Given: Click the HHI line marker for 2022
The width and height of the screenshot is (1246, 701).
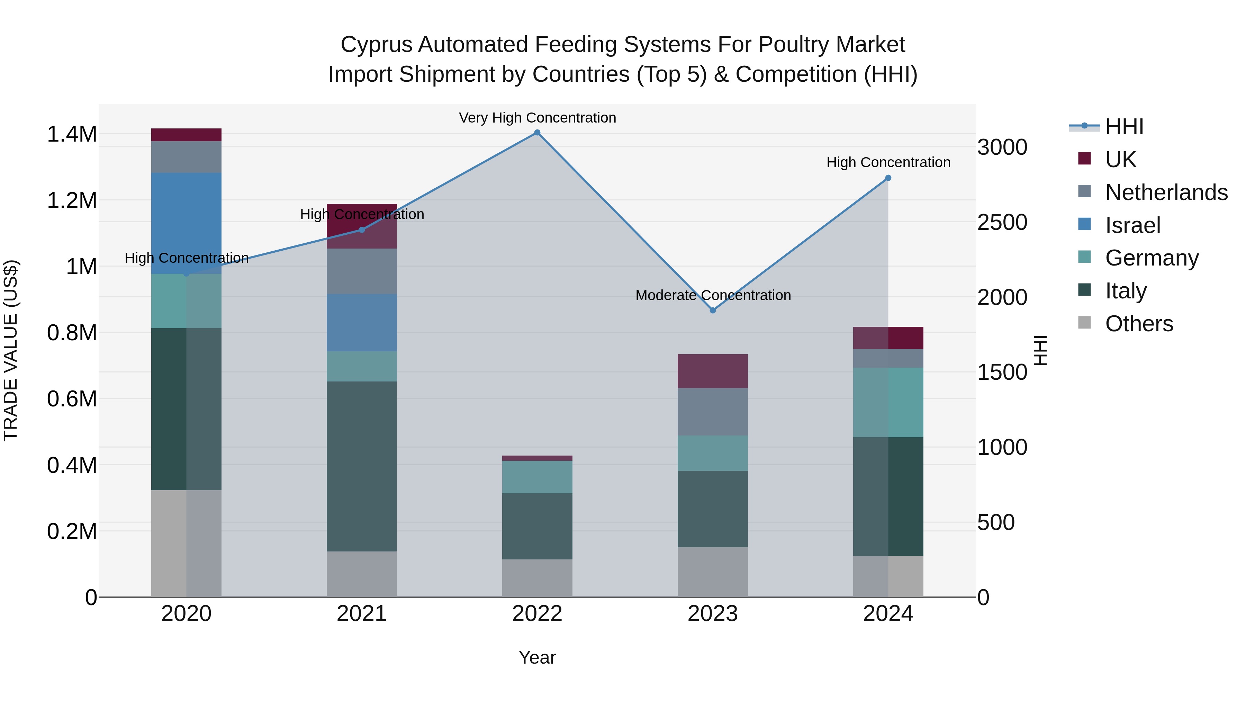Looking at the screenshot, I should pyautogui.click(x=537, y=133).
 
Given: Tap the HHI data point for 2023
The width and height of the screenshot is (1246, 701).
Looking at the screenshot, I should pyautogui.click(x=713, y=310).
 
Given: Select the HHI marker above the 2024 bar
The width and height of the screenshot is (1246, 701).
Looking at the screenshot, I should pyautogui.click(x=888, y=178).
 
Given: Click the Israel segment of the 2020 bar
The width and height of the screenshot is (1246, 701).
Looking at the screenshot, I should pyautogui.click(x=186, y=223).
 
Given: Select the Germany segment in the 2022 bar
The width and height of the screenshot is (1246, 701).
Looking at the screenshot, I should pyautogui.click(x=537, y=477).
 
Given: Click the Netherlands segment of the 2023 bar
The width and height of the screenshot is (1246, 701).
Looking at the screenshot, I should pyautogui.click(x=713, y=412).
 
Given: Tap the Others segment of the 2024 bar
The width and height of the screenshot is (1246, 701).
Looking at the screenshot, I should pyautogui.click(x=888, y=576).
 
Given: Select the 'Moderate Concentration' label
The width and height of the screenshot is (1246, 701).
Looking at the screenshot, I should pyautogui.click(x=713, y=295).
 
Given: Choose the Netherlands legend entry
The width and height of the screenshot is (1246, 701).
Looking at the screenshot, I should pyautogui.click(x=1166, y=192).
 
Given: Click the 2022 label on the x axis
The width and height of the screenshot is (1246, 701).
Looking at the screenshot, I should pyautogui.click(x=537, y=614).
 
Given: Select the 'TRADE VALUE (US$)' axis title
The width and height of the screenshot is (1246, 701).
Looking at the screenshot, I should pyautogui.click(x=11, y=350).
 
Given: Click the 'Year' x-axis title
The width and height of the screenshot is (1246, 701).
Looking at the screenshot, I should pyautogui.click(x=537, y=657).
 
